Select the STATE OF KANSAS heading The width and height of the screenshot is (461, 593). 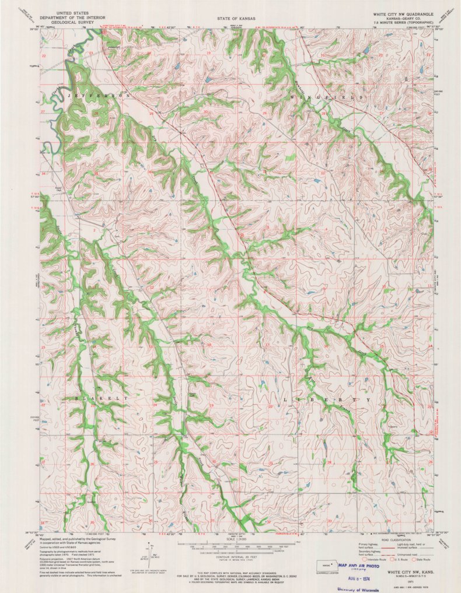point(232,19)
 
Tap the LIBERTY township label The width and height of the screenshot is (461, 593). point(327,400)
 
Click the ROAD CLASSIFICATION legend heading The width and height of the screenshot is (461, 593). point(387,540)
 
